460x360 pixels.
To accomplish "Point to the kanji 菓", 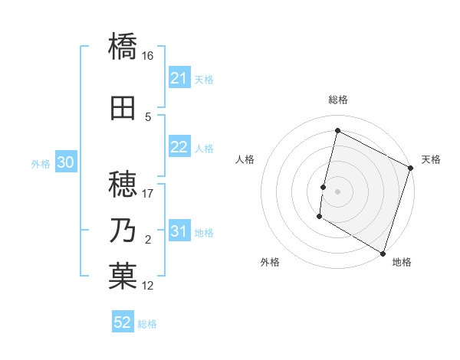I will pos(123,277).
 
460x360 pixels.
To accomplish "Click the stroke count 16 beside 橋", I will pos(148,55).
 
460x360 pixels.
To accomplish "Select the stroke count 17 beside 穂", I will pos(148,194).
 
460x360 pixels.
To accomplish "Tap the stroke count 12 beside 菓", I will pos(148,286).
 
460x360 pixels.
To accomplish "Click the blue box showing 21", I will pos(179,78).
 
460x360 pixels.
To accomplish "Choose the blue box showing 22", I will pos(179,148).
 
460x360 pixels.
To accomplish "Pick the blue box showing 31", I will pos(179,232).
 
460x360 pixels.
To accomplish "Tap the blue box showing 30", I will pos(65,163).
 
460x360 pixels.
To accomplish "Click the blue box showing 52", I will pos(123,322).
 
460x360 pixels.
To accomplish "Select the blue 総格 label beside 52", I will pos(147,324).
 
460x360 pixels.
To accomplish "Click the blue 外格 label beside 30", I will pos(41,164).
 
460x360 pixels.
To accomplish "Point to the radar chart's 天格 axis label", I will pos(431,159).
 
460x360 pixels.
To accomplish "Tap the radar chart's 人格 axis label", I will pos(245,159).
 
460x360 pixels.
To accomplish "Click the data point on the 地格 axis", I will pos(383,252).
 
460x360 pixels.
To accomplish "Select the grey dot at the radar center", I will pos(337,191).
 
